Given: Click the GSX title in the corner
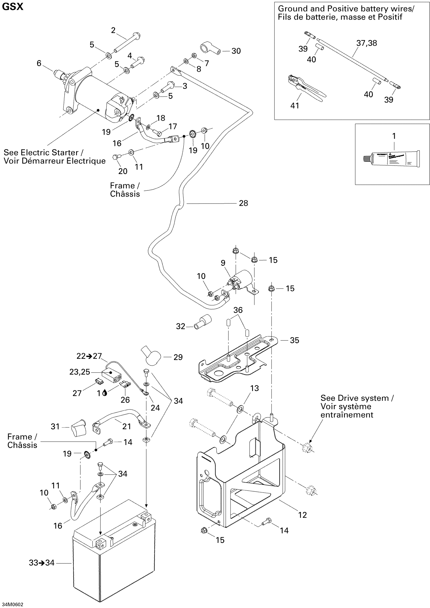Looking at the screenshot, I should tap(13, 7).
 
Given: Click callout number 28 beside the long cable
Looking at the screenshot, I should tap(243, 203).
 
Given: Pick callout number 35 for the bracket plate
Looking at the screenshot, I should tap(294, 340).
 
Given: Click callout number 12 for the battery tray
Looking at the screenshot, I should tap(302, 515).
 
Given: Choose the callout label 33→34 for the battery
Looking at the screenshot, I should tap(41, 562).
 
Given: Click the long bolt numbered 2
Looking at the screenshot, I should tap(127, 42).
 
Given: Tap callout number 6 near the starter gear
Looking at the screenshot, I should tap(39, 63).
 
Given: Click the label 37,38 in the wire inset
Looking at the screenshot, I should tap(367, 43).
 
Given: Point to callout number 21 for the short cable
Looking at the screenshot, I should tap(126, 426).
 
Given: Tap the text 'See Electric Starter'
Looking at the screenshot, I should tap(43, 153).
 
